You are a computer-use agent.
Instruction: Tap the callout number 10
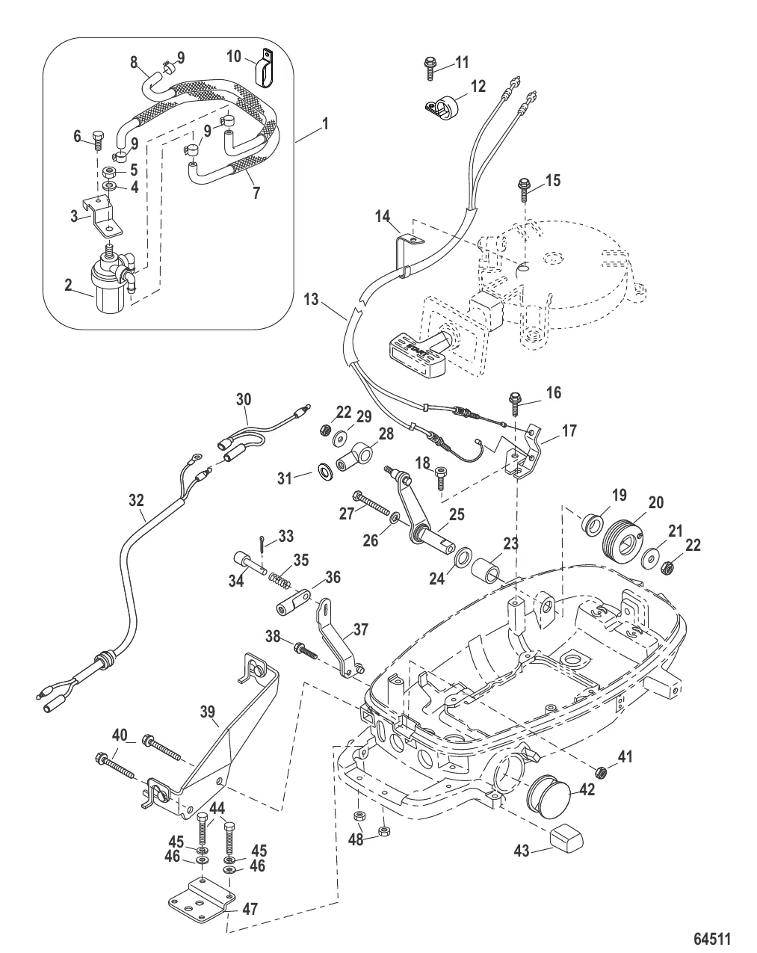pyautogui.click(x=234, y=56)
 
